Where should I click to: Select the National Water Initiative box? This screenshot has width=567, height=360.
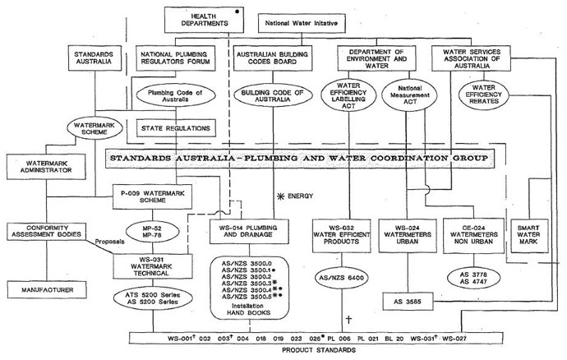click(x=302, y=22)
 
